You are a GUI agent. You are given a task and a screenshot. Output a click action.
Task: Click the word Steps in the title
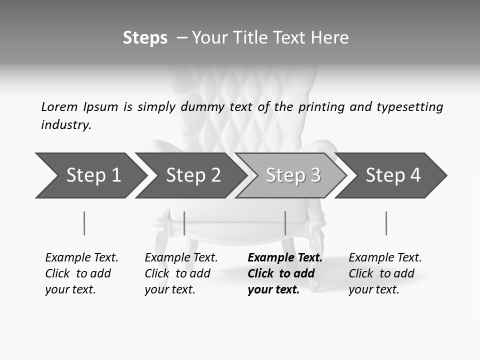pos(145,38)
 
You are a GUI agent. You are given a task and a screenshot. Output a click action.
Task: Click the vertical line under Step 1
pos(84,223)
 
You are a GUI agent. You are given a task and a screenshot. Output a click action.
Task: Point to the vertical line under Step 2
pos(184,223)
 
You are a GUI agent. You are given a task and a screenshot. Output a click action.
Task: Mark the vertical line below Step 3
pos(285,223)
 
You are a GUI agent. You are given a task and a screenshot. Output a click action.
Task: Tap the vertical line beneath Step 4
pos(386,223)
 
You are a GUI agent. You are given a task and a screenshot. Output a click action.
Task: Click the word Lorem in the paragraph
pos(59,107)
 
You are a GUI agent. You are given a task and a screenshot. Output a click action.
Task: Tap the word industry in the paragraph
pos(66,125)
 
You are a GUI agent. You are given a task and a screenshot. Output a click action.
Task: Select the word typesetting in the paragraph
pos(409,107)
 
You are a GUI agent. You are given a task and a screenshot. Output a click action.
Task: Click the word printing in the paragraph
pos(321,107)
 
